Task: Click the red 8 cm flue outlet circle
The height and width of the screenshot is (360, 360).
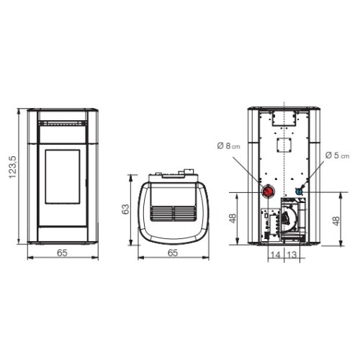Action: click(268, 192)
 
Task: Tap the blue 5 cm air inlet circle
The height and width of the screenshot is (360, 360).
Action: click(299, 192)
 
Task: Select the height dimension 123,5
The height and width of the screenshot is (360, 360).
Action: click(12, 167)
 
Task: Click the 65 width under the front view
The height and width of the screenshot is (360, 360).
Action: click(62, 253)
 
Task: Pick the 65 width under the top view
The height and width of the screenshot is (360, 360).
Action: click(173, 253)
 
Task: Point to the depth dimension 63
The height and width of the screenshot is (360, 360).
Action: click(125, 209)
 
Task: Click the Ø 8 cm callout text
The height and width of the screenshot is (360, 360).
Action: click(228, 145)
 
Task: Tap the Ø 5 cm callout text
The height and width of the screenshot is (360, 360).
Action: click(337, 156)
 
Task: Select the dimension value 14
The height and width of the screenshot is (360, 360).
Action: click(275, 255)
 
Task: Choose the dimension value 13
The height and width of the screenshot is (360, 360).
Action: click(292, 255)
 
